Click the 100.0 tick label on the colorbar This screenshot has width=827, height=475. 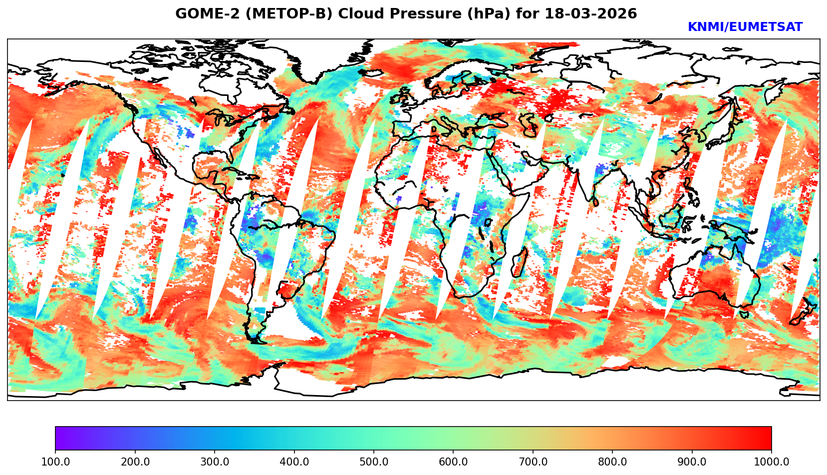click(55, 462)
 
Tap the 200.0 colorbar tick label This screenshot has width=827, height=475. click(135, 462)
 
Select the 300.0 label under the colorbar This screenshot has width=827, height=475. click(215, 462)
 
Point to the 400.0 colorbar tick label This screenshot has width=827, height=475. click(294, 462)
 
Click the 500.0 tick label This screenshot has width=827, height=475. click(374, 462)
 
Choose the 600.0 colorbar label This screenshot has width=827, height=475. click(453, 462)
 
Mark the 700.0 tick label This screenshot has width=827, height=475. click(533, 462)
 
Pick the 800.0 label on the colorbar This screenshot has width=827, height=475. click(612, 462)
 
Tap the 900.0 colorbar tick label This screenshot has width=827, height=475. click(692, 462)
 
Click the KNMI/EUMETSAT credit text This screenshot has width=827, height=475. click(745, 27)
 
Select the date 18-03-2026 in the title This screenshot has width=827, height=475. click(591, 14)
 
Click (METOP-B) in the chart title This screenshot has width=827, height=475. click(264, 14)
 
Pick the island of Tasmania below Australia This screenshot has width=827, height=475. click(744, 314)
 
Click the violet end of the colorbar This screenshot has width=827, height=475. click(59, 438)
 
